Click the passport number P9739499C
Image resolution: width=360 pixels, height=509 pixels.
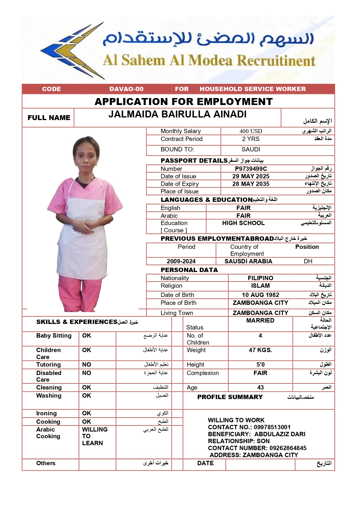click(x=251, y=169)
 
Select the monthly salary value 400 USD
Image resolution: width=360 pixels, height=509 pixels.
click(x=251, y=131)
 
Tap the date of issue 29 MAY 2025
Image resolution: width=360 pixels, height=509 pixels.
click(x=251, y=176)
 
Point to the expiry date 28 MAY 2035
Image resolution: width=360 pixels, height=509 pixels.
click(x=251, y=184)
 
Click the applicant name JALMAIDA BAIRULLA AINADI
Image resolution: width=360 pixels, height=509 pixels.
click(x=177, y=115)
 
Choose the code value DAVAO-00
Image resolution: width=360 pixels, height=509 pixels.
click(x=126, y=89)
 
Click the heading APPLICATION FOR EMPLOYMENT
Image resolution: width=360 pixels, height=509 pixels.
click(x=184, y=102)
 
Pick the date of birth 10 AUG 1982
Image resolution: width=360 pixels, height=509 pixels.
click(x=260, y=295)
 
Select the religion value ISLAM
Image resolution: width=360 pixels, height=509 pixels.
click(x=260, y=286)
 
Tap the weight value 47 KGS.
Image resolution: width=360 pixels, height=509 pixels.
click(x=260, y=350)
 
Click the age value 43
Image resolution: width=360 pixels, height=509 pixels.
click(x=260, y=387)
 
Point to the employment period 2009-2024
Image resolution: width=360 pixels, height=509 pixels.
click(x=181, y=261)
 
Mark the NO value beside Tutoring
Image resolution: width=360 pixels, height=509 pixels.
click(x=86, y=365)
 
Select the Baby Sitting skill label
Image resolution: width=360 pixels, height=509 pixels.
click(x=54, y=336)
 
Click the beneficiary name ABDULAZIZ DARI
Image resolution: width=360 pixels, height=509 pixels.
click(x=280, y=434)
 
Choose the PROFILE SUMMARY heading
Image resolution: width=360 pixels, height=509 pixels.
click(x=230, y=397)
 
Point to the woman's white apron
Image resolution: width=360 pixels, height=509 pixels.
click(x=83, y=238)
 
